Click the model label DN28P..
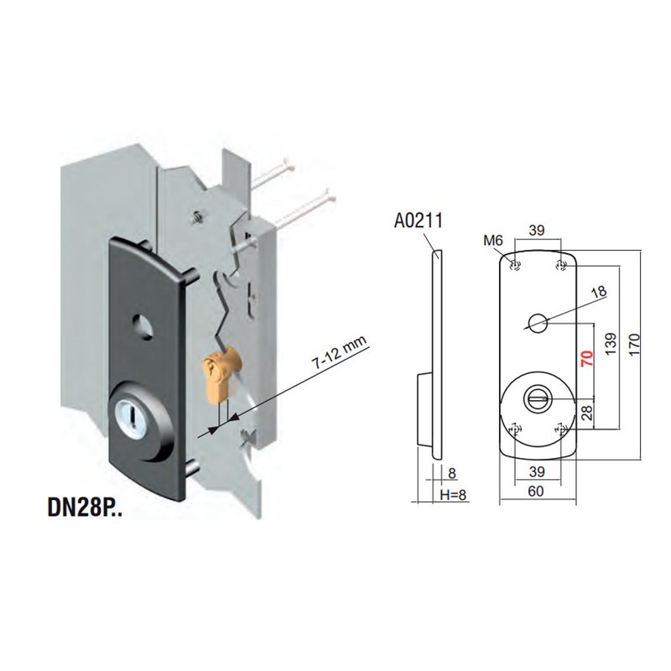85,507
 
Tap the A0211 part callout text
418,221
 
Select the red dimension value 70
586,358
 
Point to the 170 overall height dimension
634,343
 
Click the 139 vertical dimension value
611,343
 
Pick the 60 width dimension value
536,491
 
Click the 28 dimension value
587,412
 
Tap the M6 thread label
493,241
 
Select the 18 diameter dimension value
599,292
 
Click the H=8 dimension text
453,495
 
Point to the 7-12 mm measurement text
340,352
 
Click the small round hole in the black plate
143,325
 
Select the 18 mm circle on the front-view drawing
538,323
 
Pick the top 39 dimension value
537,230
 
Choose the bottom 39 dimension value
537,471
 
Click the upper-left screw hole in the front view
515,266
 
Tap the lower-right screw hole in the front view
560,429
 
